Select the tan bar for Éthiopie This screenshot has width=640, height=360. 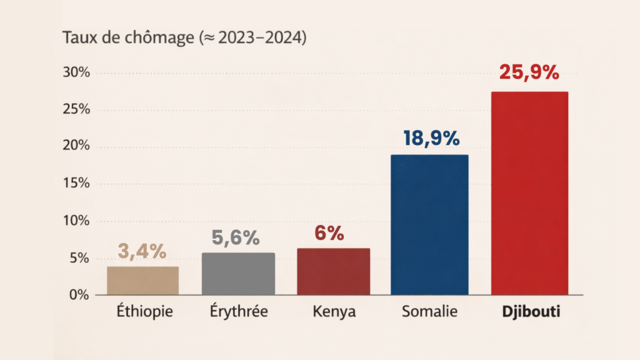pyautogui.click(x=142, y=281)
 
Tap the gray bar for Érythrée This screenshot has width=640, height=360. pyautogui.click(x=238, y=274)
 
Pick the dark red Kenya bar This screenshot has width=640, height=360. pyautogui.click(x=334, y=272)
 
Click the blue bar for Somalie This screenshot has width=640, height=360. pyautogui.click(x=429, y=225)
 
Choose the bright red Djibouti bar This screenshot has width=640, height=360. pyautogui.click(x=529, y=193)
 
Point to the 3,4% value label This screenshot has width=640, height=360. pyautogui.click(x=142, y=251)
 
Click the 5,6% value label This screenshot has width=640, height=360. pyautogui.click(x=238, y=237)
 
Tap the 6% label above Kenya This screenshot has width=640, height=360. pyautogui.click(x=329, y=233)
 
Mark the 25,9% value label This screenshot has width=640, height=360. pyautogui.click(x=529, y=72)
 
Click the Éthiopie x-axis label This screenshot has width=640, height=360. pyautogui.click(x=142, y=311)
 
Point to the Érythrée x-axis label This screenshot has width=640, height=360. pyautogui.click(x=238, y=311)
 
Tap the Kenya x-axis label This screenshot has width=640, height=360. pyautogui.click(x=334, y=311)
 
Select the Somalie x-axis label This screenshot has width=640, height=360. pyautogui.click(x=429, y=311)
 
